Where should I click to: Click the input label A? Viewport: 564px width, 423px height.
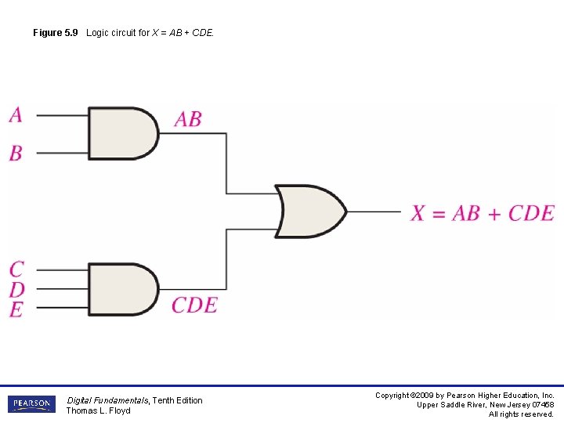(16, 115)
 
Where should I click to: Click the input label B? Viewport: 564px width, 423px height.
(16, 153)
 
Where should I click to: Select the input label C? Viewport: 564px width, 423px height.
(16, 270)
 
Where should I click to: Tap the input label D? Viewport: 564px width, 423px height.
(16, 290)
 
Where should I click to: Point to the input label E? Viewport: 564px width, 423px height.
(16, 309)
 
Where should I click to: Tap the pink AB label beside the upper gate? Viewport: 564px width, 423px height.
(188, 119)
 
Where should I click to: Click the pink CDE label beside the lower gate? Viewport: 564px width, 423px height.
(195, 305)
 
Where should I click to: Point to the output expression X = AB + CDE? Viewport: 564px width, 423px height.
(483, 213)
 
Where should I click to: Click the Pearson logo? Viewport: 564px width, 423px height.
(32, 404)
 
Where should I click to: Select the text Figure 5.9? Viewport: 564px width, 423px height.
(56, 33)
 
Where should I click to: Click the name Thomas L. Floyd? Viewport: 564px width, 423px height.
(98, 410)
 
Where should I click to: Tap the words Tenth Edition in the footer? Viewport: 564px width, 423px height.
(177, 400)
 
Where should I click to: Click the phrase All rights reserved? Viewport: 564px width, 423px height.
(521, 414)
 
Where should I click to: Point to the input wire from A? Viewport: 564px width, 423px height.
(62, 116)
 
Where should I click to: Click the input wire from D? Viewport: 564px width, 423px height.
(62, 289)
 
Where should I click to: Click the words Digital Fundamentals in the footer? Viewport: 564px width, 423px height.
(107, 400)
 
